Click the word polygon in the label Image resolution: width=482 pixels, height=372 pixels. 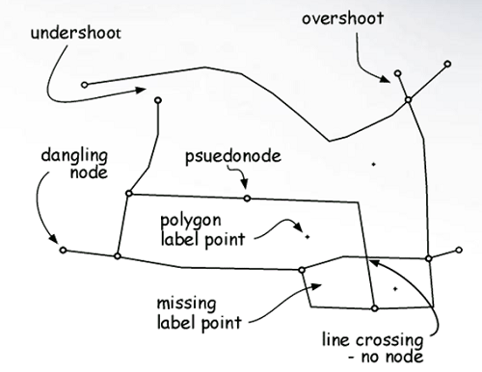192,220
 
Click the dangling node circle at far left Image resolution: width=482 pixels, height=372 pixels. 63,251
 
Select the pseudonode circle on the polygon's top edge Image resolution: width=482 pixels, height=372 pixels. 247,199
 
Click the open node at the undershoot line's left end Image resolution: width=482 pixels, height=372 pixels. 85,85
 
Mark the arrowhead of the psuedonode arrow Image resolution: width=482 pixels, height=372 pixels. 246,187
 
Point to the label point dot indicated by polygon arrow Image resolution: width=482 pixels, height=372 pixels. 306,234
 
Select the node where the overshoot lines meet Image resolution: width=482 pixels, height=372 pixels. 408,99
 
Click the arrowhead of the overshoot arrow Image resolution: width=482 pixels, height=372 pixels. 392,80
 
